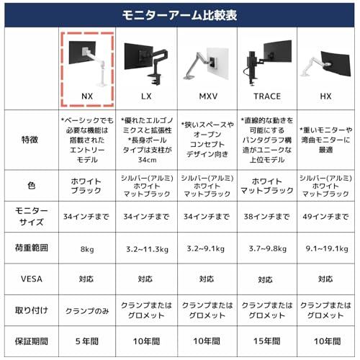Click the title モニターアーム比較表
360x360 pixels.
pos(179,13)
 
